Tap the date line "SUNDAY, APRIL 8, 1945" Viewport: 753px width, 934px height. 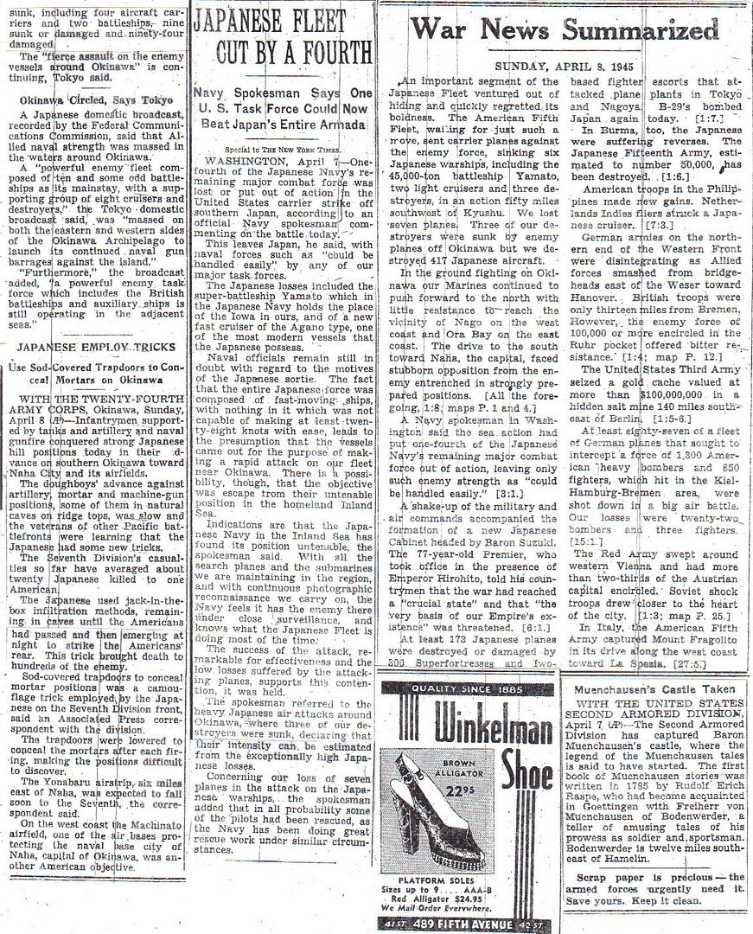pyautogui.click(x=558, y=67)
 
